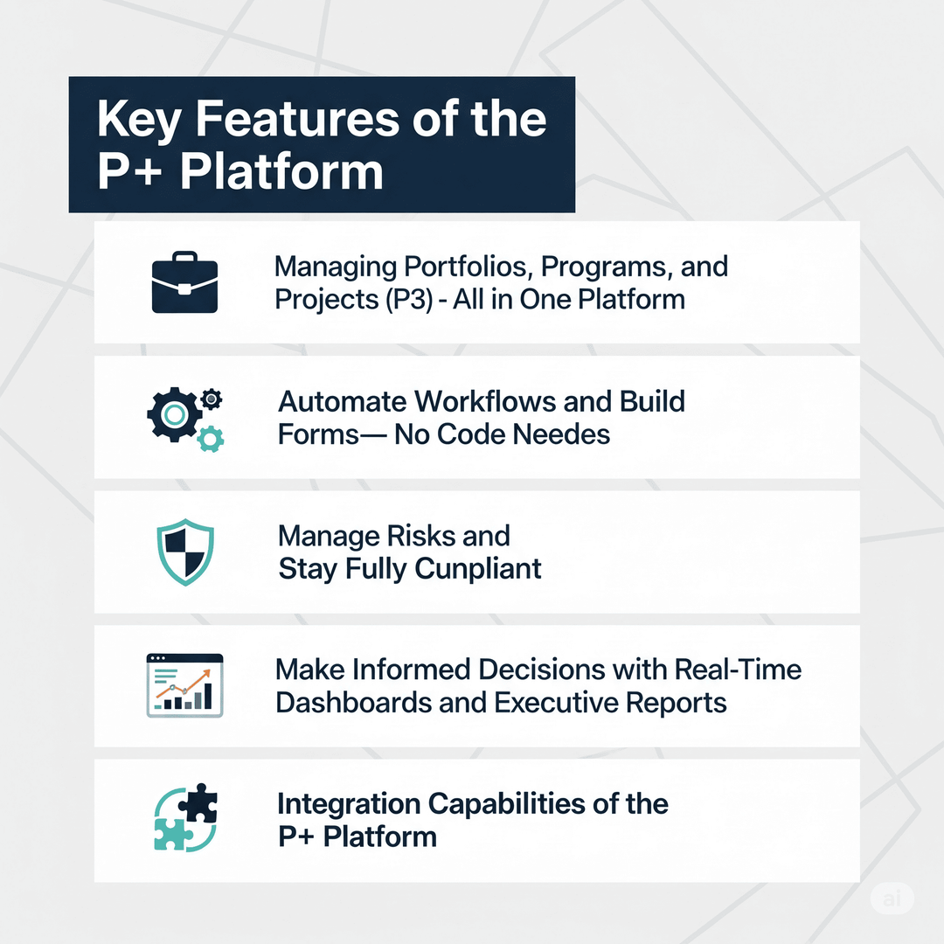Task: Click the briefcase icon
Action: click(184, 282)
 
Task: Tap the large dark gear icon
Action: click(174, 414)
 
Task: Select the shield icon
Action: click(185, 552)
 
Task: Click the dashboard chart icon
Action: click(184, 685)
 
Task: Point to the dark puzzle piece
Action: click(198, 802)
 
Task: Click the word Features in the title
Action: click(297, 119)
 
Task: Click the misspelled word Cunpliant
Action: click(478, 569)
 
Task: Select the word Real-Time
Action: click(738, 670)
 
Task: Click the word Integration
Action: click(349, 804)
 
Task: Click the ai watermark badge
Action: click(892, 899)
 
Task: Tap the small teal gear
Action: click(210, 439)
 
